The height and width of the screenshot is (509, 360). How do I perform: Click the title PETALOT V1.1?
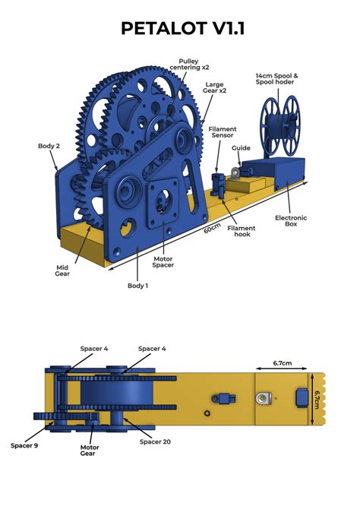pos(183,28)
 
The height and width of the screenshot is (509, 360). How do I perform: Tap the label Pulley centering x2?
pos(189,65)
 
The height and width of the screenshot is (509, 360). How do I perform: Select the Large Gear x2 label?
pos(215,87)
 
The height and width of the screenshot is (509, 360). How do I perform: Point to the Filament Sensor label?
pos(223,132)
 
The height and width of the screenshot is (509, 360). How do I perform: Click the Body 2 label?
pos(49,146)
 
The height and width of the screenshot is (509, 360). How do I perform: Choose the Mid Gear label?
pos(62,270)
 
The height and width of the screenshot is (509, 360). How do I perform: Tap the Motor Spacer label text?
pos(163,262)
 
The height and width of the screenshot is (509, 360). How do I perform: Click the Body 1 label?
pos(137,286)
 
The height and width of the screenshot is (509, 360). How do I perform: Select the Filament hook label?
pos(242,231)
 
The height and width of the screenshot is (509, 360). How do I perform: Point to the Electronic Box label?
pos(291,221)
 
